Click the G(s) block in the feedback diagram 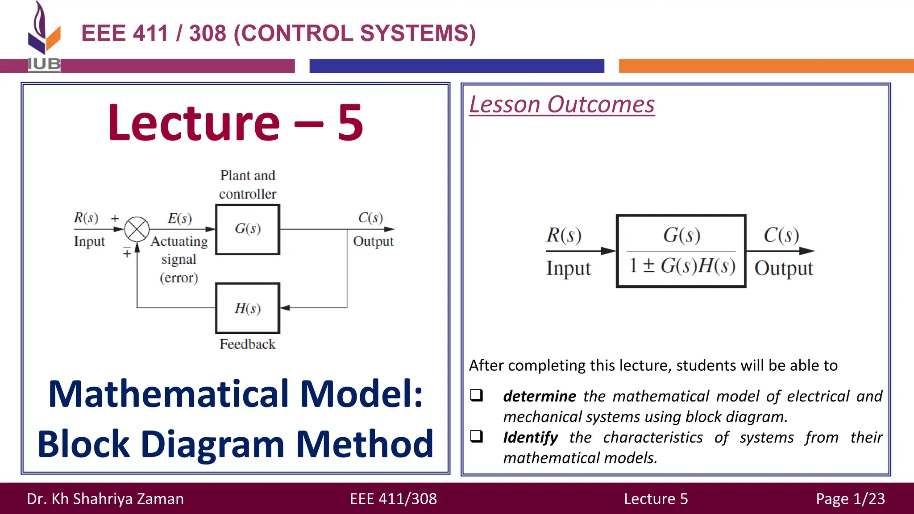pos(248,229)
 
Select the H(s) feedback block pos(248,308)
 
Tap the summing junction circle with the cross pos(137,229)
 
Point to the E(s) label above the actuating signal pos(180,218)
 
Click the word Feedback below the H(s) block pos(247,344)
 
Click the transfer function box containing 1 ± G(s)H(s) pos(681,251)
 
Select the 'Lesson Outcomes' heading pos(562,105)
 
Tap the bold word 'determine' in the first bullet pos(539,396)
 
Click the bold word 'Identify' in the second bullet pos(530,437)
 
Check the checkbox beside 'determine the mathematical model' pos(477,395)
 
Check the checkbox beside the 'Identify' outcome pos(477,436)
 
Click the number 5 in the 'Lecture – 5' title pos(350,123)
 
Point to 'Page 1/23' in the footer pos(850,498)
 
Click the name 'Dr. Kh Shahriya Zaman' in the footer pos(105,498)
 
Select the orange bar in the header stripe pos(766,66)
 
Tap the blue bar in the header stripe pos(457,66)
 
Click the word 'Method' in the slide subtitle pos(365,444)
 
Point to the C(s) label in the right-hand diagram pos(781,235)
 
